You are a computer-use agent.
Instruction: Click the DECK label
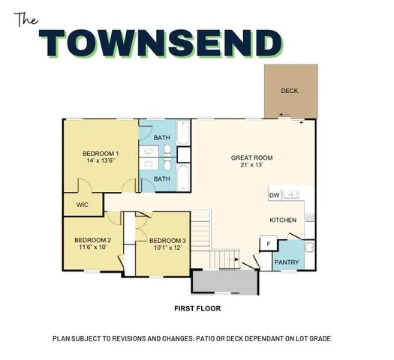[290, 91]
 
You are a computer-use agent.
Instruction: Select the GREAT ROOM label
[251, 158]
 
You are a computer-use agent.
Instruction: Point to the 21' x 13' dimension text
[251, 166]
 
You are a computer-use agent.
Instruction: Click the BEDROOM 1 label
[101, 154]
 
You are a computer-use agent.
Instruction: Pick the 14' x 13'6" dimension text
[101, 162]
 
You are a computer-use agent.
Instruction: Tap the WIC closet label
[83, 203]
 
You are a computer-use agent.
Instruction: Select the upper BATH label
[162, 138]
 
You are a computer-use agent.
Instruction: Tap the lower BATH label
[162, 179]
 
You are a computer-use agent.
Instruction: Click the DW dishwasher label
[274, 196]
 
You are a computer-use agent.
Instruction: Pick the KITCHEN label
[284, 220]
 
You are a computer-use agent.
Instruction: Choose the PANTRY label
[286, 262]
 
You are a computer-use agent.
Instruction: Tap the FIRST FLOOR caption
[197, 307]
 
